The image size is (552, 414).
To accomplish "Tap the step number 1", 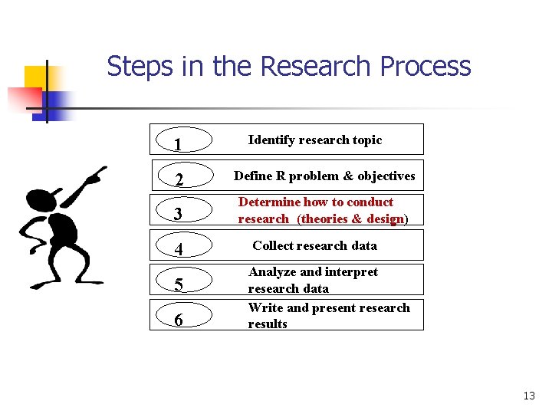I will pos(178,144).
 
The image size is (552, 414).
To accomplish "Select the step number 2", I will pos(178,180).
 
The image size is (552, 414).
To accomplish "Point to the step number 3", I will pos(178,214).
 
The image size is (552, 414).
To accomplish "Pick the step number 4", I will pos(178,249).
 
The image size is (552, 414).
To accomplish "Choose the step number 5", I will pos(178,285).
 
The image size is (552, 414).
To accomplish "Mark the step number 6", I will pos(178,319).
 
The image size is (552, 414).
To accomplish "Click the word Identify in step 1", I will pos(272,140).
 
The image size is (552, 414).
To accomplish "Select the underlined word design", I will pos(385,219).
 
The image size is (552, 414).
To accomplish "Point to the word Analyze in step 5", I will pos(271,272).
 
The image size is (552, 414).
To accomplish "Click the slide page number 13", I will pos(528,396).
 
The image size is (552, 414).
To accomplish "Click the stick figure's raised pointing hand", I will pos(95,176).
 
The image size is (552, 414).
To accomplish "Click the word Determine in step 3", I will pos(269,202).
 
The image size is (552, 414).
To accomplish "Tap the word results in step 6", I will pos(267,324).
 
